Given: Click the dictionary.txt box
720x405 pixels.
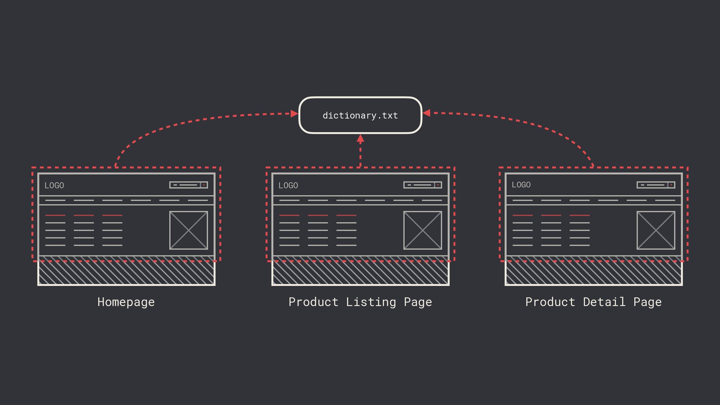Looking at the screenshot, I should (x=360, y=115).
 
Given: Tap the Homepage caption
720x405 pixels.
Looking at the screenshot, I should (x=126, y=302).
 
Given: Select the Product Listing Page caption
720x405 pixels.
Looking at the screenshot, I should (x=360, y=302).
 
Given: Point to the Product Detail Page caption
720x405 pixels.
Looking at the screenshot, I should (x=593, y=302).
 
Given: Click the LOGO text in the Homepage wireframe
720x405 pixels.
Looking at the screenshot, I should (x=54, y=185).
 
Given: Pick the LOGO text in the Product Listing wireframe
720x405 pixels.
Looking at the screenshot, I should (x=288, y=185).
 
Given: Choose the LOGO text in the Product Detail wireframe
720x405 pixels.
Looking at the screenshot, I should (x=521, y=185).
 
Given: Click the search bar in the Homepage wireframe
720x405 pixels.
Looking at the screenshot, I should (x=188, y=185).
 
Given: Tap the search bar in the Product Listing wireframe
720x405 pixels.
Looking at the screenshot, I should (x=422, y=185).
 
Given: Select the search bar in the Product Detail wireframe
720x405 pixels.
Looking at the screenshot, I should (x=655, y=185).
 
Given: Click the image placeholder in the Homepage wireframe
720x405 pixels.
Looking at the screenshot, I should (x=189, y=230).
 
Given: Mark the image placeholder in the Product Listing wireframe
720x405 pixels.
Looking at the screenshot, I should (x=423, y=230).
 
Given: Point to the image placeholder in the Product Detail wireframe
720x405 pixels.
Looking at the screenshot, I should (x=656, y=230).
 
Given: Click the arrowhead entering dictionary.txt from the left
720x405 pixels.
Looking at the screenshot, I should (x=294, y=114).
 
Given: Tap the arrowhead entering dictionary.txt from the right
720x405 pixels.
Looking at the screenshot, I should (x=426, y=113).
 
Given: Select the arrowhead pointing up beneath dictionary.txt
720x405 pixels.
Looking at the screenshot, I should (x=360, y=139).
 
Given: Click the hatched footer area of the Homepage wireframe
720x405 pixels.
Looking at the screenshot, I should (x=126, y=273).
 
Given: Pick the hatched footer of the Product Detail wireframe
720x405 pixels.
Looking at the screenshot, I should (x=594, y=273).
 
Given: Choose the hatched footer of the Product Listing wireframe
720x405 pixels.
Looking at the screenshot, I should (x=360, y=273).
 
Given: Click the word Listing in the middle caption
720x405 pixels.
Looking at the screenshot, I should (x=370, y=302).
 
